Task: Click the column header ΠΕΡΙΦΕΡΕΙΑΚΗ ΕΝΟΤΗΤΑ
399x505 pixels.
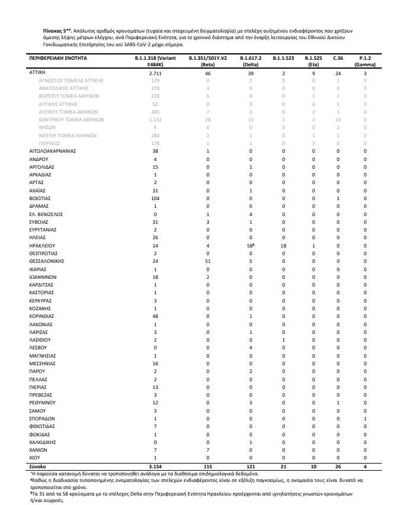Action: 58,59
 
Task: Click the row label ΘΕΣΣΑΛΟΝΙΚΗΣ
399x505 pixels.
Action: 46,260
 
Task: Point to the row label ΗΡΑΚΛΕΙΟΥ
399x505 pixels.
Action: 42,245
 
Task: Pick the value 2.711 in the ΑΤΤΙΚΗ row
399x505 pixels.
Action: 155,72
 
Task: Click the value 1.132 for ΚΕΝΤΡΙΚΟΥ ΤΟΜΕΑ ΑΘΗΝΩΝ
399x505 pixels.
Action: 155,119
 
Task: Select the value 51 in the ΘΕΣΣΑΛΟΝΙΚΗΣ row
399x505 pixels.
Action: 208,260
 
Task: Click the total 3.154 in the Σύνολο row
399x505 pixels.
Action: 155,466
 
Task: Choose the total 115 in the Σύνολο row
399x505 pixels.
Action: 208,466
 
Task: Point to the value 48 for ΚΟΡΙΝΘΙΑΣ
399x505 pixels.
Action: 155,316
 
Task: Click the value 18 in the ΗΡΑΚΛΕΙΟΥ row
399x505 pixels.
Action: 283,245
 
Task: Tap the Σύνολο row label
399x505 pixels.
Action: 38,466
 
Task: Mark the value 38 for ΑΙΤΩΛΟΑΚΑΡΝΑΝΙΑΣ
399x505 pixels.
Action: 155,150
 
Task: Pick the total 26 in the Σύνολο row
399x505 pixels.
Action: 338,466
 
